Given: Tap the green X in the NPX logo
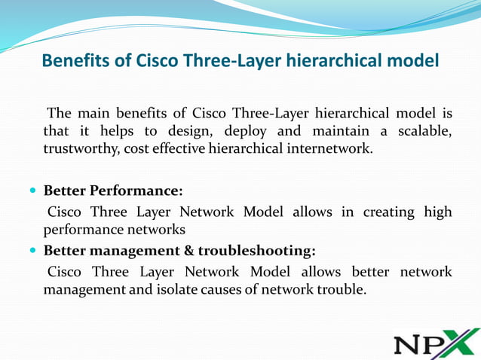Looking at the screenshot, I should click(460, 343).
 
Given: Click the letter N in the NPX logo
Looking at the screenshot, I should click(408, 345).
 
